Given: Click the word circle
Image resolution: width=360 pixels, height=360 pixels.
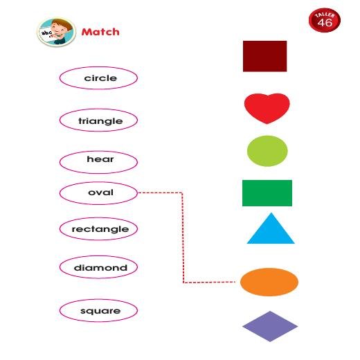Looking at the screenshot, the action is pos(100,78).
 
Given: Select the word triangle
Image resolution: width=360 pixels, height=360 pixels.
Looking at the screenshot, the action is pos(100,121).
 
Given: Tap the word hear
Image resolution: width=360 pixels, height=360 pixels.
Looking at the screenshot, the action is pos(100,159).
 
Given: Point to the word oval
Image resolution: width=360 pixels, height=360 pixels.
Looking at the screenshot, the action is pos(100,192).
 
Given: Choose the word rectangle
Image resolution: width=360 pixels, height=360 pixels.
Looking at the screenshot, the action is pos(100,229).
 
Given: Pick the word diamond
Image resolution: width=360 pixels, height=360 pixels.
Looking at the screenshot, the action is pos(100,268).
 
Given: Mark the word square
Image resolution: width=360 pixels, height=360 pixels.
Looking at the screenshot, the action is pos(100,311).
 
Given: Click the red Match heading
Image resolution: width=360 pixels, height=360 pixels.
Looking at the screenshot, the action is pos(100,32).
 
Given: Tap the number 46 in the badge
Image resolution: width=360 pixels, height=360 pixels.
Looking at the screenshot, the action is pos(325,22).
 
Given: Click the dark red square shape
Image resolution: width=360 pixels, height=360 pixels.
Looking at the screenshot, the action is pos(264,56).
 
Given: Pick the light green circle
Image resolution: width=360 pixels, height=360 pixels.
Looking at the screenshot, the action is pos(267,151).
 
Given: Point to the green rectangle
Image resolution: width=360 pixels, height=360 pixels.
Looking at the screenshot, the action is pos(267,193).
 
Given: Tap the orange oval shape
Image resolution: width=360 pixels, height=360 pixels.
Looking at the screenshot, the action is pos(269,282).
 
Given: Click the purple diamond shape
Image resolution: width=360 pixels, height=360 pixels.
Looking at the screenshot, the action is pos(270,326).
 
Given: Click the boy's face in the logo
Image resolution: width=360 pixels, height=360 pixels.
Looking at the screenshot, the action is pos(60,30).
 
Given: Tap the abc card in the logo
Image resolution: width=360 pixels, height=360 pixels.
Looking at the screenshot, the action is pos(48,35).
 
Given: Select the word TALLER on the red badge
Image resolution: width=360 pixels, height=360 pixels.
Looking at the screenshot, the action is pos(325,15).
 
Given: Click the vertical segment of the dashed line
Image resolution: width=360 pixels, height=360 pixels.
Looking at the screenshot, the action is pos(183,237).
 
